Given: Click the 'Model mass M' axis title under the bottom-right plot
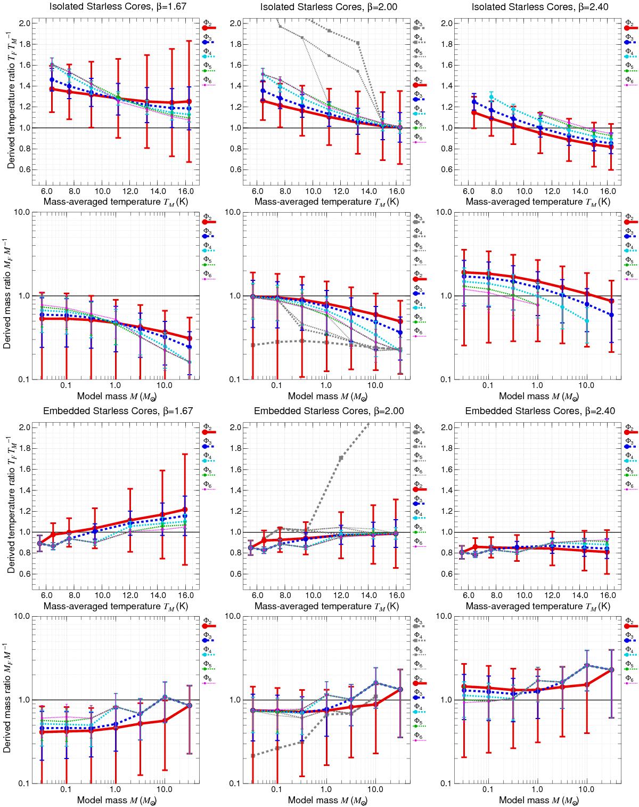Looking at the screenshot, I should point(537,800).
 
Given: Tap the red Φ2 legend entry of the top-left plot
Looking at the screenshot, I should point(207,26).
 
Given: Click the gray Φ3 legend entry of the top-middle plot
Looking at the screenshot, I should point(420,26).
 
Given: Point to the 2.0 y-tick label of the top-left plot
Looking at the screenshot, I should point(23,23).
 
